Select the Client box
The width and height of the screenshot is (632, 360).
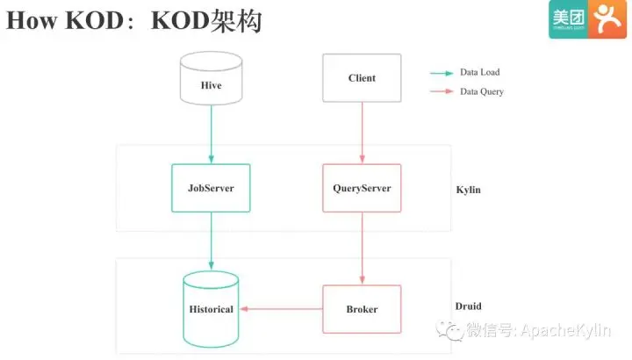click(x=362, y=77)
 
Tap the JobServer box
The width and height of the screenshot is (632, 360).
click(x=211, y=188)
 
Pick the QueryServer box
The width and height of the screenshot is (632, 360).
click(x=362, y=188)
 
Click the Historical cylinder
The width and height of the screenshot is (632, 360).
click(x=211, y=308)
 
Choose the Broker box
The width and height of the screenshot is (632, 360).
click(x=362, y=309)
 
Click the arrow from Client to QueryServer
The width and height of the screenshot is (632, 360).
click(x=362, y=132)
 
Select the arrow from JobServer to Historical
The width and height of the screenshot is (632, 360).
click(x=211, y=241)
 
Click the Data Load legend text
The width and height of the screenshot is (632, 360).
click(x=479, y=72)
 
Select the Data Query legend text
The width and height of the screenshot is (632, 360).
click(x=481, y=91)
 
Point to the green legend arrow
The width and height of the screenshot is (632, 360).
click(x=441, y=72)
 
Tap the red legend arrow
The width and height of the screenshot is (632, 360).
click(x=441, y=91)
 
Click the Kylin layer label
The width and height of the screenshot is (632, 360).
click(x=468, y=190)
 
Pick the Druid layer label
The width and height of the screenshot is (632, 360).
click(x=468, y=306)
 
